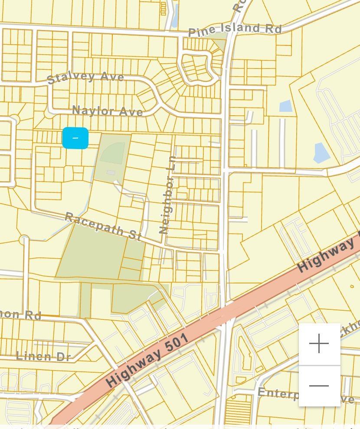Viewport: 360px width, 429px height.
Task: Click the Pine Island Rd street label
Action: point(235,29)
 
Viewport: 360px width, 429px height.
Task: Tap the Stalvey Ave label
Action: point(85,78)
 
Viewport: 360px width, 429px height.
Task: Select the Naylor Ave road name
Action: point(108,111)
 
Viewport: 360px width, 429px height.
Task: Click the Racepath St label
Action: point(103,226)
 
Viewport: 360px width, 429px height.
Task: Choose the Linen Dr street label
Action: point(43,356)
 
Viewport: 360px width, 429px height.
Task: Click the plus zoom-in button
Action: point(319,344)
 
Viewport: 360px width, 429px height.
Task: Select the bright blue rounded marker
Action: point(75,138)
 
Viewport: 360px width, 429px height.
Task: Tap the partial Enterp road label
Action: point(278,393)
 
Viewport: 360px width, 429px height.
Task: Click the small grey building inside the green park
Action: point(111,173)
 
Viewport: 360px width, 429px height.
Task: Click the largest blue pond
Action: point(321,153)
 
